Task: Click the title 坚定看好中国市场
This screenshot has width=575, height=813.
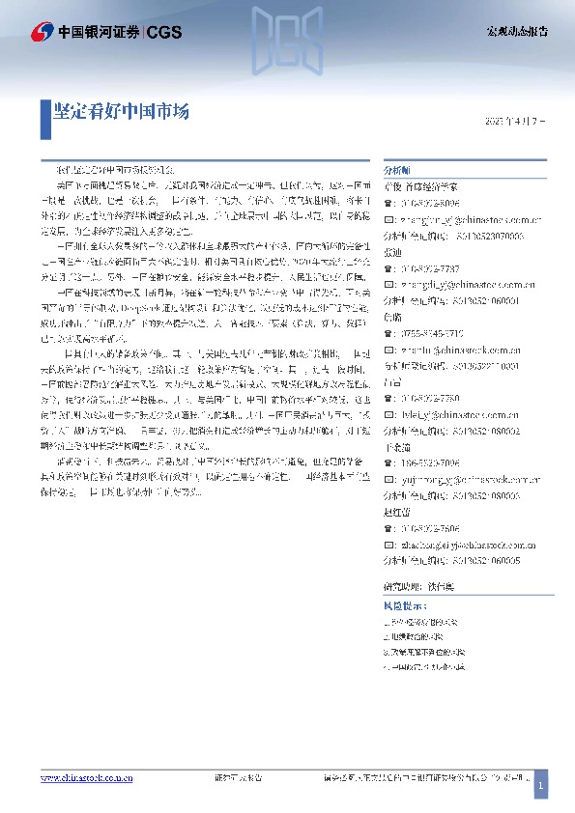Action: tap(121, 112)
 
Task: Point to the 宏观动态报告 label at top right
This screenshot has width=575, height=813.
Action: tap(516, 32)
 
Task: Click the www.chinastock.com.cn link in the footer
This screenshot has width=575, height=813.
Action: tap(86, 778)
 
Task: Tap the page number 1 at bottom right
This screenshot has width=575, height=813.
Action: tap(541, 787)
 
